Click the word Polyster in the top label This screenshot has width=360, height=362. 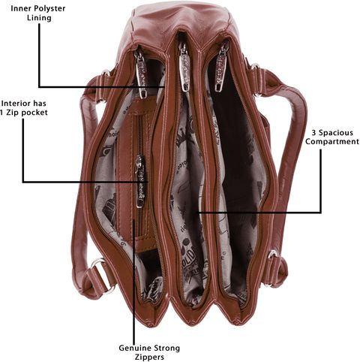(x=49, y=9)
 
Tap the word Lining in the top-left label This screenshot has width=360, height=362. (x=39, y=18)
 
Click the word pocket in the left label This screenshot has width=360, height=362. (x=34, y=113)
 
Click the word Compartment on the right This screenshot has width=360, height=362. (x=332, y=142)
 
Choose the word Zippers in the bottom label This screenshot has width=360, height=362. (x=149, y=357)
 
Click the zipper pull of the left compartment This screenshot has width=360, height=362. (x=142, y=77)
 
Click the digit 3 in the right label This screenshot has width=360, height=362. (x=314, y=132)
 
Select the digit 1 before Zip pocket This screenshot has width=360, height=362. (x=2, y=112)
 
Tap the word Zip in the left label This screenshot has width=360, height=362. (x=13, y=113)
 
